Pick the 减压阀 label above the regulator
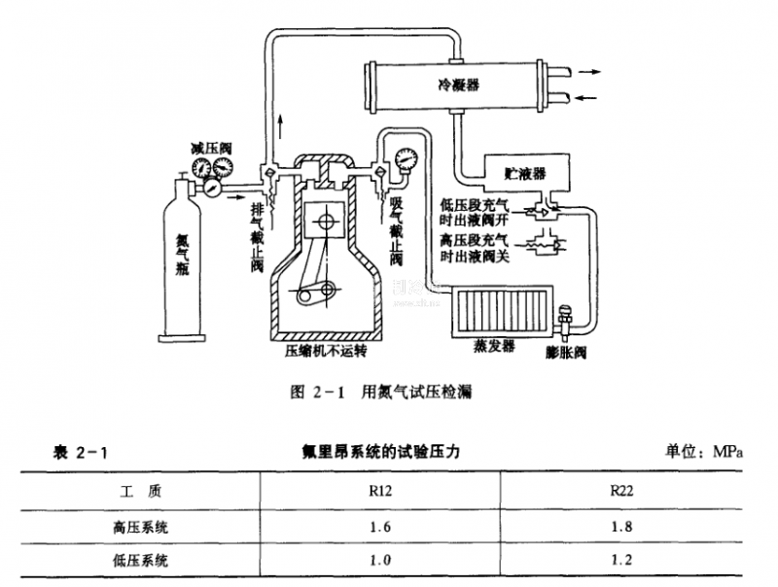[x=211, y=148]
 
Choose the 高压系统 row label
[x=141, y=526]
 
